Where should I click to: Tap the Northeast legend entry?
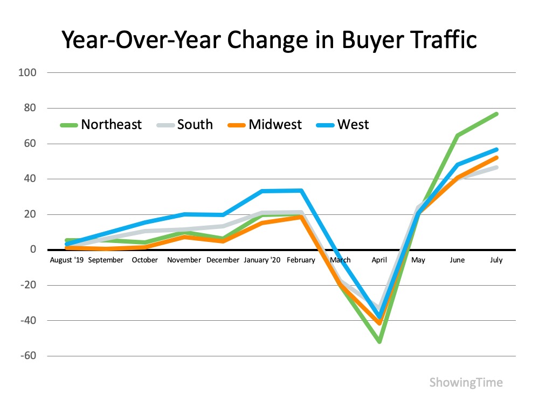pyautogui.click(x=111, y=125)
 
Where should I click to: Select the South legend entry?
pyautogui.click(x=195, y=125)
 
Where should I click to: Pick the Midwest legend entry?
pyautogui.click(x=275, y=125)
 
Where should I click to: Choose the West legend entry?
pyautogui.click(x=353, y=125)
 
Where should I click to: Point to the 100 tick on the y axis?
pyautogui.click(x=29, y=72)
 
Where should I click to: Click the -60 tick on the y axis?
pyautogui.click(x=28, y=356)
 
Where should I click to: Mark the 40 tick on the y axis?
pyautogui.click(x=31, y=179)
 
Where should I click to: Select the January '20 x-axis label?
pyautogui.click(x=262, y=260)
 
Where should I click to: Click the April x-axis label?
pyautogui.click(x=379, y=260)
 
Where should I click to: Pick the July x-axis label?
pyautogui.click(x=496, y=260)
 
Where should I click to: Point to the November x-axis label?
pyautogui.click(x=184, y=260)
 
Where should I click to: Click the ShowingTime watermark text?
pyautogui.click(x=466, y=383)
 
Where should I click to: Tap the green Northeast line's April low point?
pyautogui.click(x=379, y=342)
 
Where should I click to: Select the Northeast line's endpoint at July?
pyautogui.click(x=496, y=114)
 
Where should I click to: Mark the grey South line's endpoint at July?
pyautogui.click(x=496, y=167)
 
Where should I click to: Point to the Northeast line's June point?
pyautogui.click(x=457, y=136)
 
